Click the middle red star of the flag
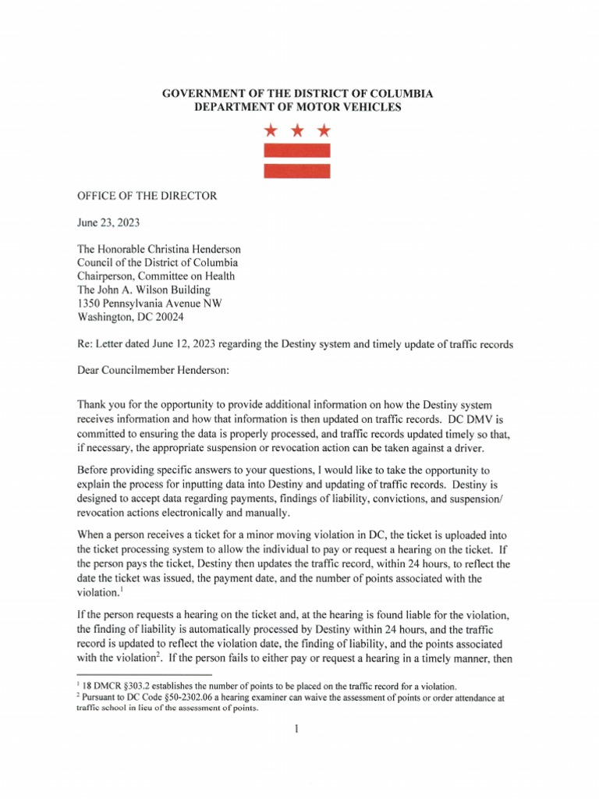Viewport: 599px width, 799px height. click(296, 130)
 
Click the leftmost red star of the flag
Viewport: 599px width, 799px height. click(270, 130)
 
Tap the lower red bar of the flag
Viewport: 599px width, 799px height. click(296, 170)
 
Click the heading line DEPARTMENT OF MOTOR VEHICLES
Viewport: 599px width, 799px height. click(297, 107)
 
